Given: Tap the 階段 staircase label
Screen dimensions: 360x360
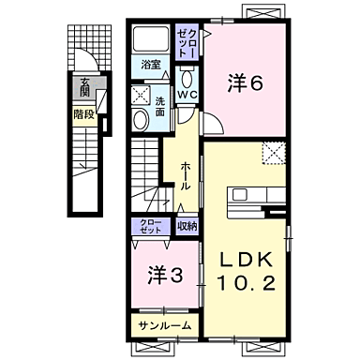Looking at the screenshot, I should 84,115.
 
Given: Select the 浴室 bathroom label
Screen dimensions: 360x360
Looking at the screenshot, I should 152,66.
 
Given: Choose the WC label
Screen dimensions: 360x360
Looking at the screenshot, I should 187,95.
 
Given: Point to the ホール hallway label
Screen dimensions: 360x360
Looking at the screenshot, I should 186,173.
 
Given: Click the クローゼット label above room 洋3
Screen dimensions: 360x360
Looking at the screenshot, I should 150,226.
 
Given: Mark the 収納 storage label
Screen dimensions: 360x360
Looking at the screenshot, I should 187,226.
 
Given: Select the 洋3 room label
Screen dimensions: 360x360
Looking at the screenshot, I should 161,276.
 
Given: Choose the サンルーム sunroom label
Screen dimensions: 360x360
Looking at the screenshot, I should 164,325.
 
